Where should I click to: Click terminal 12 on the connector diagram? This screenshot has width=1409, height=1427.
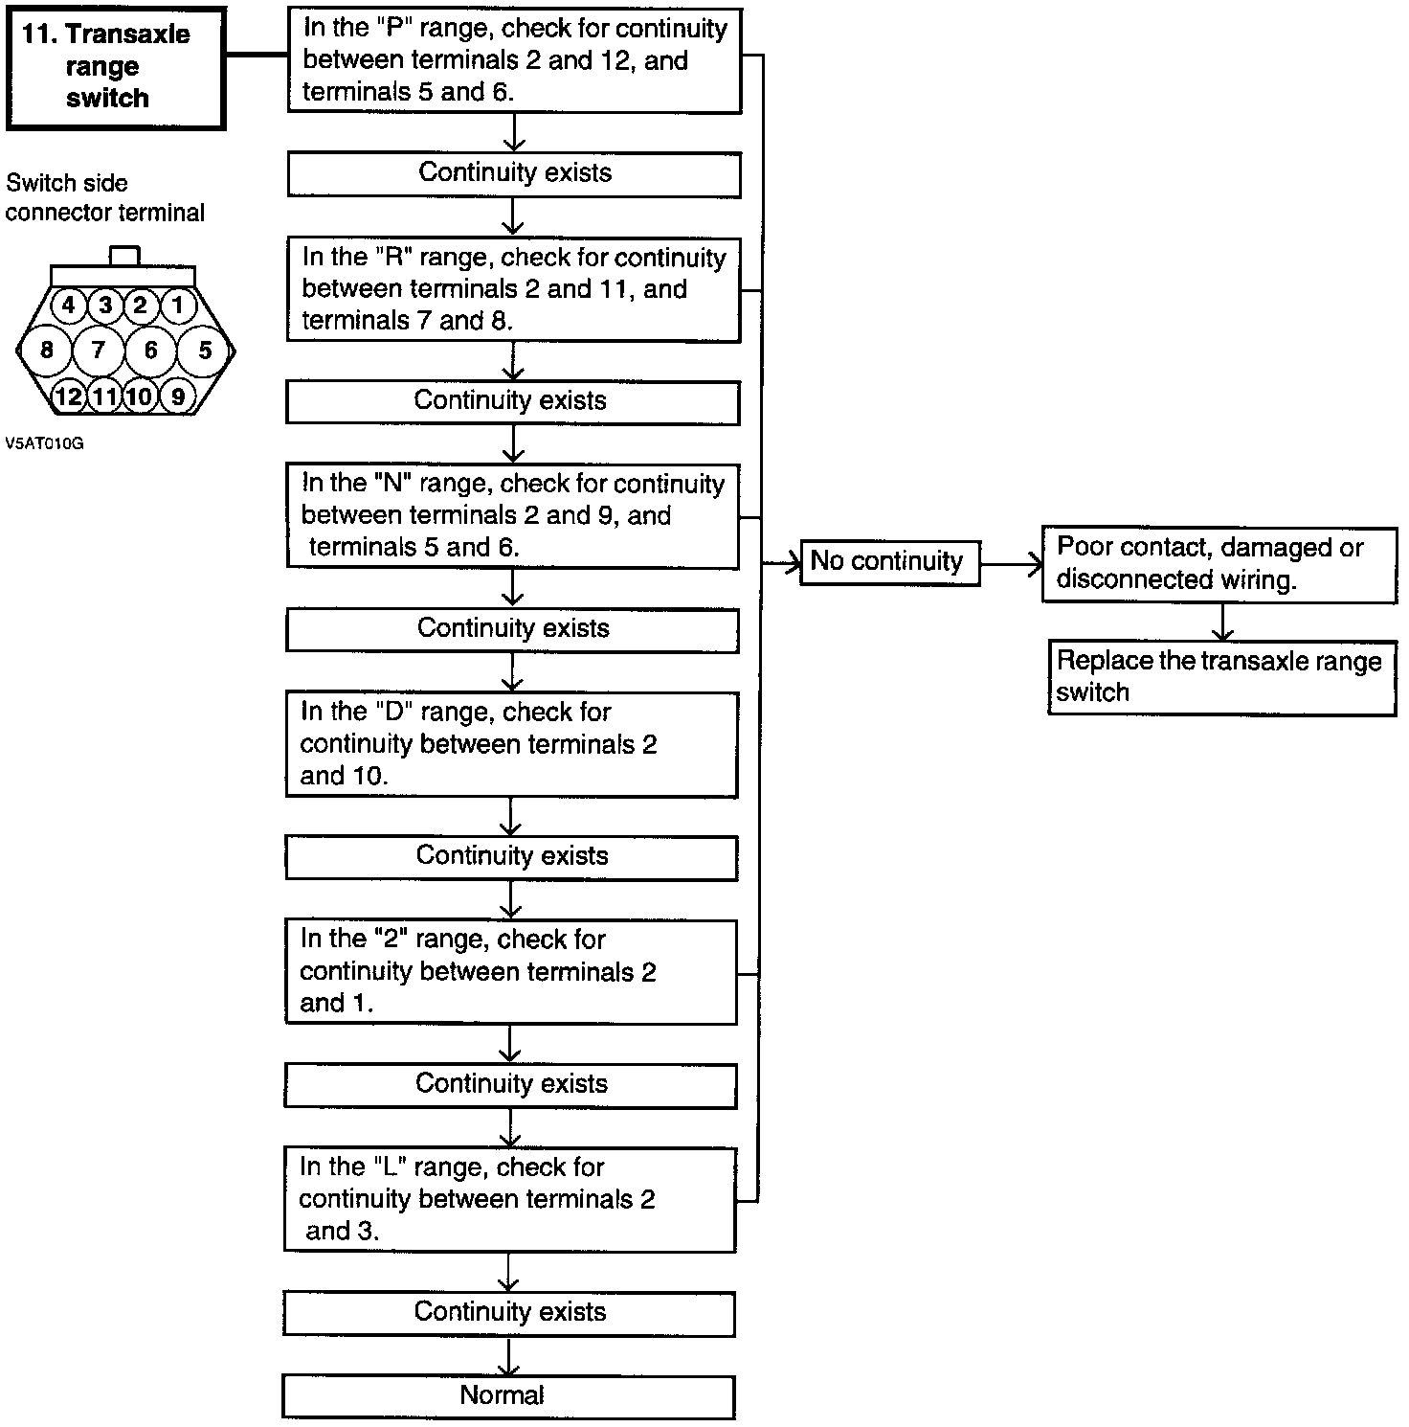68,396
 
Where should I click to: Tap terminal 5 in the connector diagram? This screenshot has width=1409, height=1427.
205,350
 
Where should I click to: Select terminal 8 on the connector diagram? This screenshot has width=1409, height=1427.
46,350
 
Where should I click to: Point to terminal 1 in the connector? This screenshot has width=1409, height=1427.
178,306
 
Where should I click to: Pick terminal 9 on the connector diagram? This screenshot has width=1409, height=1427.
178,396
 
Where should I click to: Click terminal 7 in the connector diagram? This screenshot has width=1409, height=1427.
98,350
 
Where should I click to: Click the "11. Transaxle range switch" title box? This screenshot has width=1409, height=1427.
115,67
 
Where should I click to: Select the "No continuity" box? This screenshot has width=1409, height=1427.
889,562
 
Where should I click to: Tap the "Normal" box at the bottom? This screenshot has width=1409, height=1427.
508,1396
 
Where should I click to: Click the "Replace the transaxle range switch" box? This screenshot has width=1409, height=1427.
1221,678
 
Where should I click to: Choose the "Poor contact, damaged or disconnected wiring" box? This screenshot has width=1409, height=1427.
1219,564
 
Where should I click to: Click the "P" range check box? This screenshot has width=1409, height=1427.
514,60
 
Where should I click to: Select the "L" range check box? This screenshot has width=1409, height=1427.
509,1199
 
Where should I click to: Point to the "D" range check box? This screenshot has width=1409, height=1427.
511,744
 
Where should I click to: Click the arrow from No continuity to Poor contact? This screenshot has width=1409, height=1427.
1011,564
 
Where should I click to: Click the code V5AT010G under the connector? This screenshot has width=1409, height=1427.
44,443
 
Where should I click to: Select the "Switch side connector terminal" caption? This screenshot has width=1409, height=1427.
104,198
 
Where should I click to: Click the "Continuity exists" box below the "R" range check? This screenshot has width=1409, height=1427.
512,401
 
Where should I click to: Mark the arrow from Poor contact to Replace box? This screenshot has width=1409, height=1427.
1223,623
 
